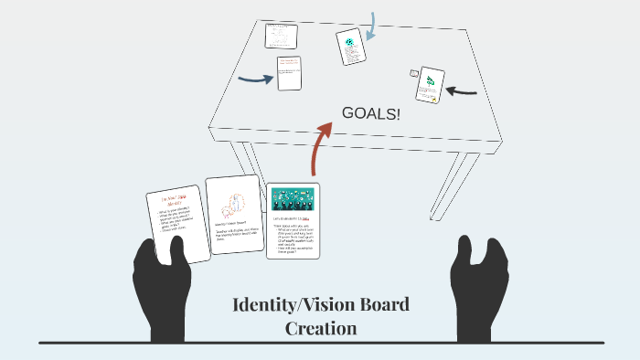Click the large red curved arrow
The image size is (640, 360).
pos(321,146)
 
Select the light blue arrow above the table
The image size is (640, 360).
pos(370,27)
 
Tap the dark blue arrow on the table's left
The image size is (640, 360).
pos(255,79)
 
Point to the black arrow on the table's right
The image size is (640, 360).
pos(464,90)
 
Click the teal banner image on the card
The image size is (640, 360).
pos(293,197)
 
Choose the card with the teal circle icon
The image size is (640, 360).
pos(348,46)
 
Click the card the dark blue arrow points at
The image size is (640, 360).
pos(289,73)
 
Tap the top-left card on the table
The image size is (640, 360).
pos(281,36)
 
